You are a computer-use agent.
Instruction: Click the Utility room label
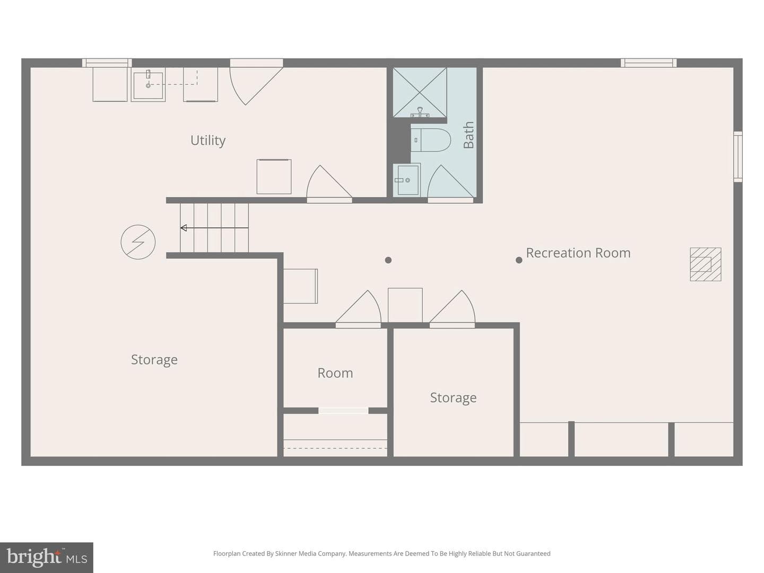point(208,141)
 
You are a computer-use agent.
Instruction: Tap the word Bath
point(468,135)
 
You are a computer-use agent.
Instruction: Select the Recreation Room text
point(578,253)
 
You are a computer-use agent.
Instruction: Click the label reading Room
point(335,373)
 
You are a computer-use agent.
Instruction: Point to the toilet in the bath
point(431,140)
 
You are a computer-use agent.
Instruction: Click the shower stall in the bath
point(420,92)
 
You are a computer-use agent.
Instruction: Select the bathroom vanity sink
point(406,180)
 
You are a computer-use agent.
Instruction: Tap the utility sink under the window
point(148,84)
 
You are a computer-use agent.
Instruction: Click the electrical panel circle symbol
point(138,242)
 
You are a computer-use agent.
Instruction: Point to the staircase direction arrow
point(214,228)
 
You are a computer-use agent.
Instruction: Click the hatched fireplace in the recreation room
point(706,264)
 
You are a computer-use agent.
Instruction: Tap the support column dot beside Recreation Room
point(518,260)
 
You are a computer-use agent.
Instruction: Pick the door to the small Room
point(358,308)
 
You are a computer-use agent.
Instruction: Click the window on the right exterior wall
point(738,157)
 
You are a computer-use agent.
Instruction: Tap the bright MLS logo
point(46,557)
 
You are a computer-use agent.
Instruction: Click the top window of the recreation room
point(649,63)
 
